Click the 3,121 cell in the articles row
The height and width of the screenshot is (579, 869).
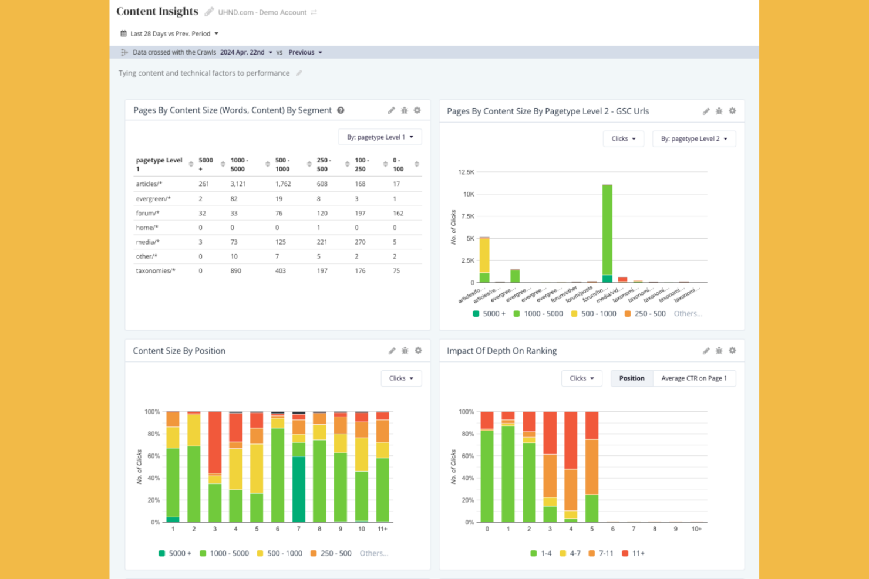tap(238, 184)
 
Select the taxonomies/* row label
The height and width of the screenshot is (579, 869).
tap(156, 270)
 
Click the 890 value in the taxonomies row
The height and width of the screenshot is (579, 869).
tap(235, 270)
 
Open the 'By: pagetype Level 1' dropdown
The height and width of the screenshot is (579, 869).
tap(380, 137)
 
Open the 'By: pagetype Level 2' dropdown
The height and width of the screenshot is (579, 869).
tap(693, 139)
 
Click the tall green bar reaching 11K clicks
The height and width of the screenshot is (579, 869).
tap(607, 229)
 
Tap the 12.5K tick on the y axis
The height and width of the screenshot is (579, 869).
tap(466, 172)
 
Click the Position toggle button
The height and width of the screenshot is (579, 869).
tap(631, 378)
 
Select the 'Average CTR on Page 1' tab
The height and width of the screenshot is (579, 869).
tap(693, 378)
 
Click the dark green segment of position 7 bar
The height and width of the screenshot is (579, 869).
tap(299, 489)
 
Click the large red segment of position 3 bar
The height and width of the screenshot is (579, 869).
tap(215, 442)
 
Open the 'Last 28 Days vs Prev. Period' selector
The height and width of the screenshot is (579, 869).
tap(170, 33)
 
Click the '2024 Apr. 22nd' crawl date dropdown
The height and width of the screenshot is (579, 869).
tap(246, 52)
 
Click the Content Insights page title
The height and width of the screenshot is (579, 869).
tap(157, 12)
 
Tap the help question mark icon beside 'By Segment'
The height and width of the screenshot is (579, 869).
tap(341, 110)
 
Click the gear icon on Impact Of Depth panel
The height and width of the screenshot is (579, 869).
tap(732, 351)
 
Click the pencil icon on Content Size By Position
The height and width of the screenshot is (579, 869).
tap(392, 351)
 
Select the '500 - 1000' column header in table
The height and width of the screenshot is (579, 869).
tap(282, 164)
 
